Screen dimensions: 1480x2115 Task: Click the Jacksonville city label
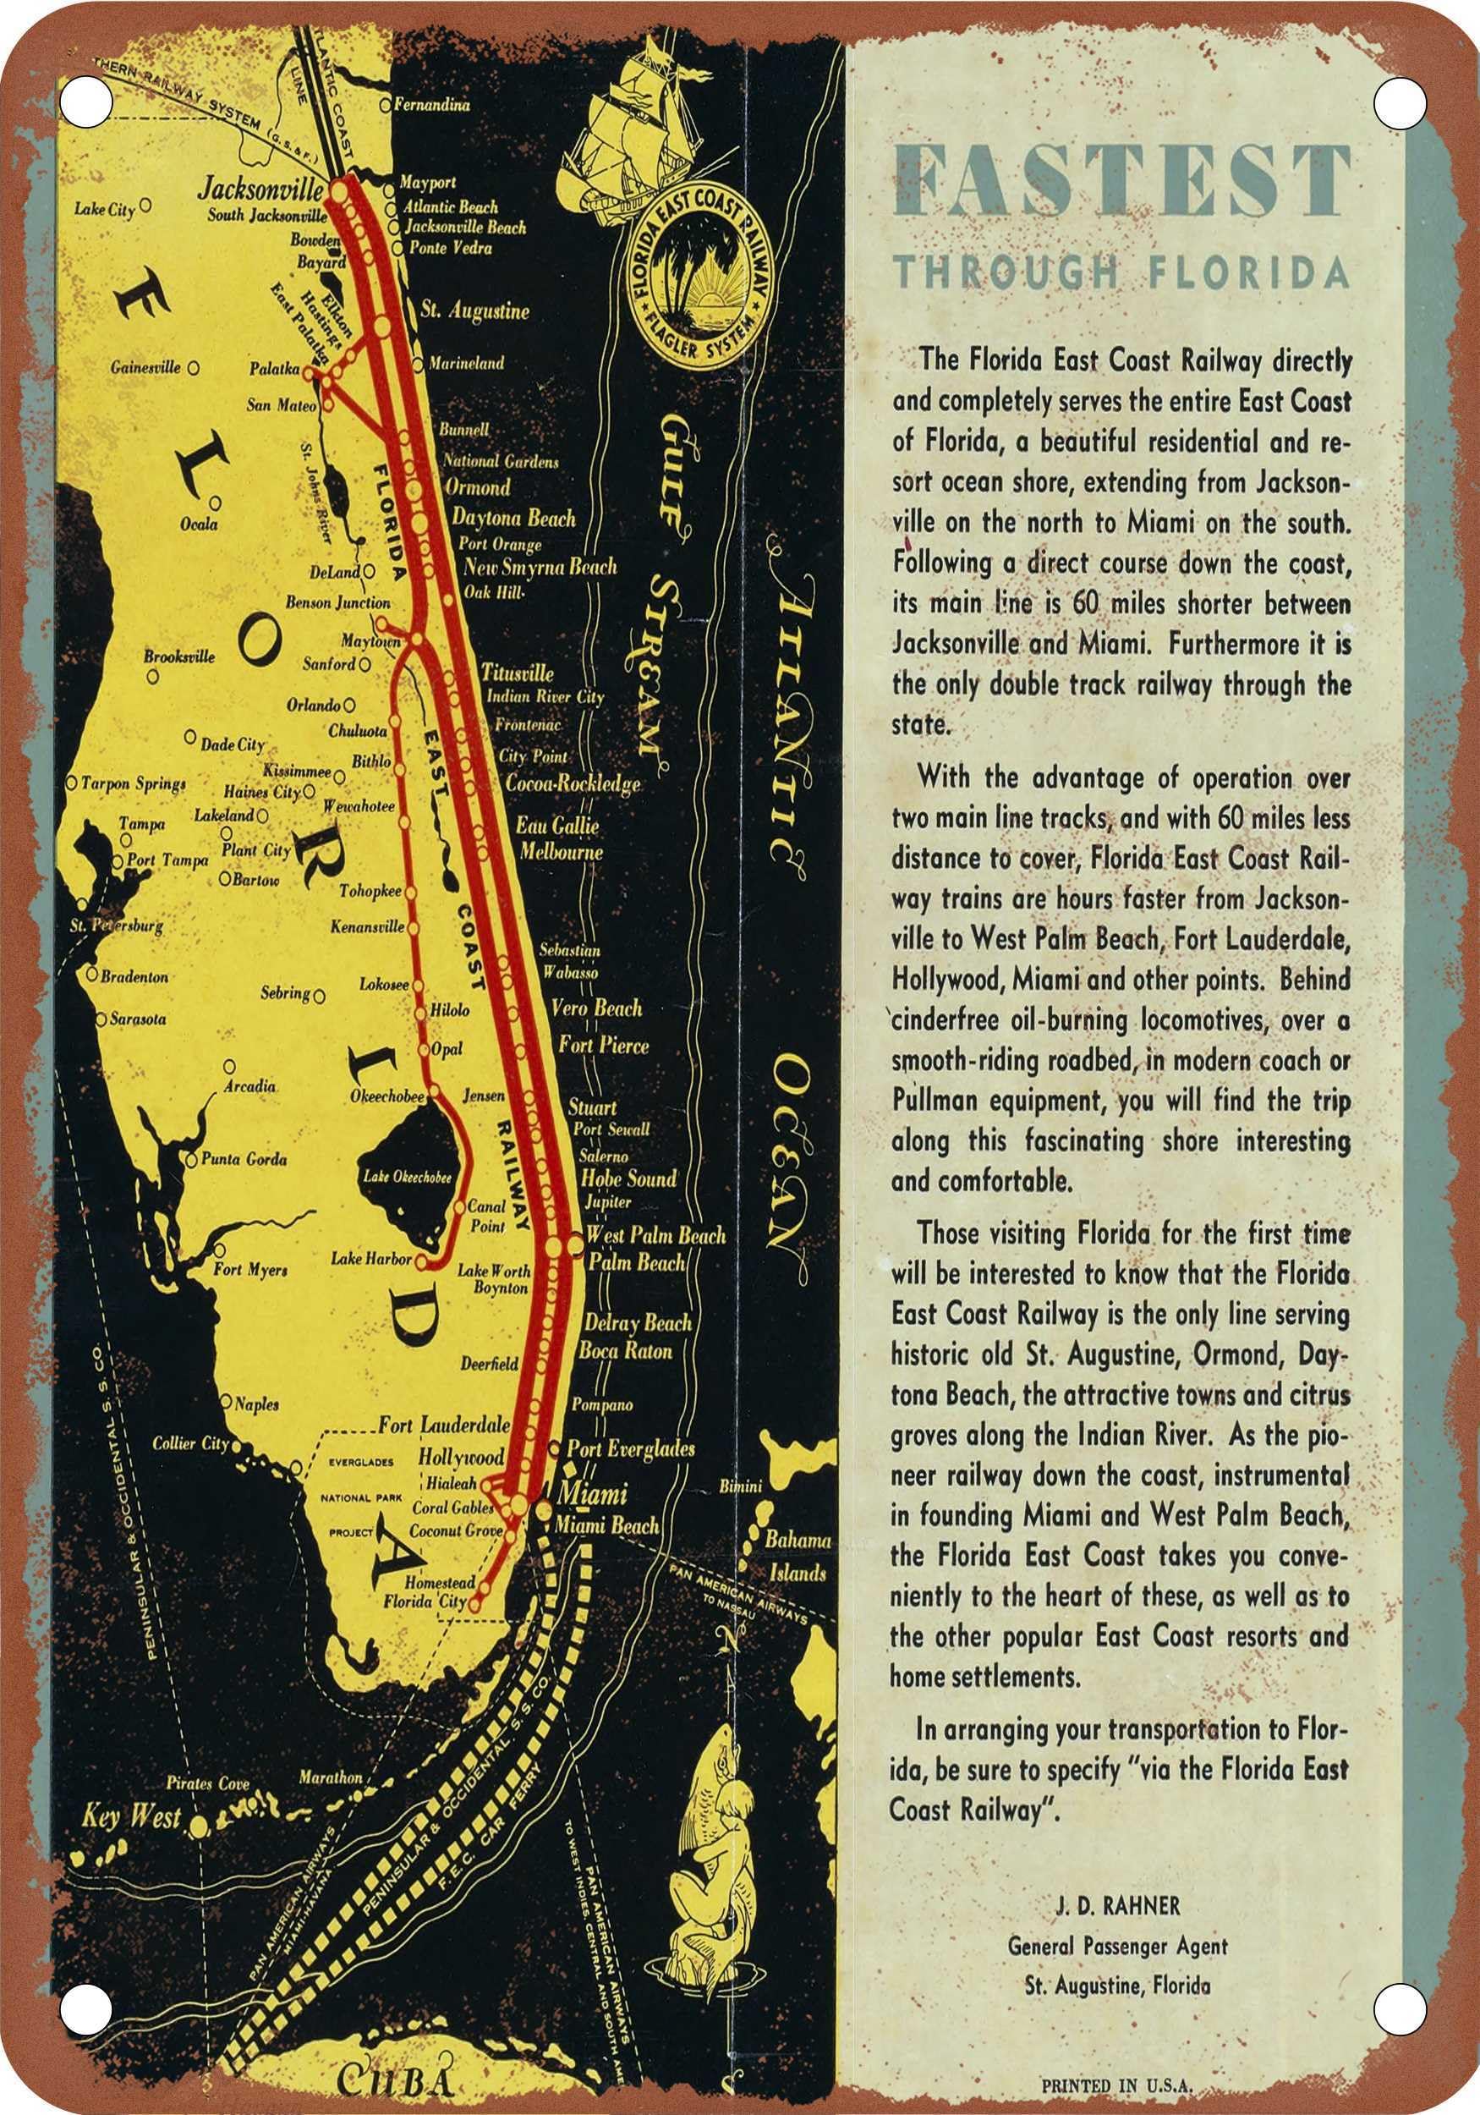point(260,190)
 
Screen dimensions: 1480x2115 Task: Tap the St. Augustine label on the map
point(474,310)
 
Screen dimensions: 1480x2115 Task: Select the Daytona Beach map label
point(513,518)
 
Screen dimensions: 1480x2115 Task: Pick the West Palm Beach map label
point(655,1235)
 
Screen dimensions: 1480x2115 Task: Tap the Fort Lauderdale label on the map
point(444,1426)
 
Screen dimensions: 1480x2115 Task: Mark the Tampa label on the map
point(142,823)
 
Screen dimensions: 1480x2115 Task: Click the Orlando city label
point(313,706)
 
